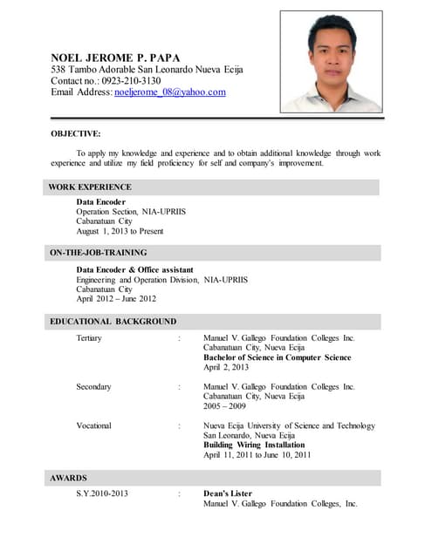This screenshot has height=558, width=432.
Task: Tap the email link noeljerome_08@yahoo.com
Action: (169, 92)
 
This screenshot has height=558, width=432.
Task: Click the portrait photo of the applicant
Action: (331, 61)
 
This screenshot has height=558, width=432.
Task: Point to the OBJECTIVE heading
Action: (75, 133)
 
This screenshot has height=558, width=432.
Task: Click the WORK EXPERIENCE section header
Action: (90, 187)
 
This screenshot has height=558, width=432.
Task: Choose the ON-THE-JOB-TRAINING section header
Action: (97, 252)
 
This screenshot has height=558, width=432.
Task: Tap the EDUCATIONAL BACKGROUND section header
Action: (113, 321)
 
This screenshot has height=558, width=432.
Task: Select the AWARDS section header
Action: (68, 478)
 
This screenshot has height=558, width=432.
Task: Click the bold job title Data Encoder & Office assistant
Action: (134, 269)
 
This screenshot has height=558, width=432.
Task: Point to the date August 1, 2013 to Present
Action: (120, 231)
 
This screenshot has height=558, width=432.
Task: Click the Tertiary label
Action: (89, 337)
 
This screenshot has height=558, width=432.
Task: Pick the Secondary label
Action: (93, 386)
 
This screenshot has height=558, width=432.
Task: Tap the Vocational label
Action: (93, 425)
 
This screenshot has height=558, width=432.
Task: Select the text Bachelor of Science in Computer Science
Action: (277, 357)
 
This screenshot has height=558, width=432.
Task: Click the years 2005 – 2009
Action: (224, 405)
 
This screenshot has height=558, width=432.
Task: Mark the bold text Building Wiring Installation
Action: (259, 445)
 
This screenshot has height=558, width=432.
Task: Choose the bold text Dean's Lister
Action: (228, 493)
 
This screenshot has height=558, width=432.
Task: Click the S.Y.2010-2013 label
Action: (102, 493)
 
